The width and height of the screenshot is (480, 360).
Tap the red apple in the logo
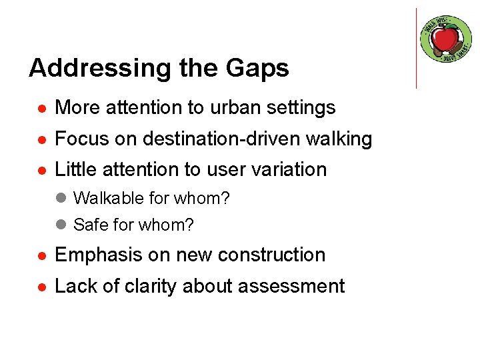pyautogui.click(x=445, y=39)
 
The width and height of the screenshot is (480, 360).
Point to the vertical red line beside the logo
pyautogui.click(x=416, y=48)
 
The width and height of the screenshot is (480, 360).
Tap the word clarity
pyautogui.click(x=147, y=287)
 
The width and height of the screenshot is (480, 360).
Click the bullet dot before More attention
pyautogui.click(x=41, y=108)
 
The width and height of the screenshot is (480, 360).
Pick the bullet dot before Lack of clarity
pyautogui.click(x=41, y=287)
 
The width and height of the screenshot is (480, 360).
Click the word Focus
pyautogui.click(x=77, y=139)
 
